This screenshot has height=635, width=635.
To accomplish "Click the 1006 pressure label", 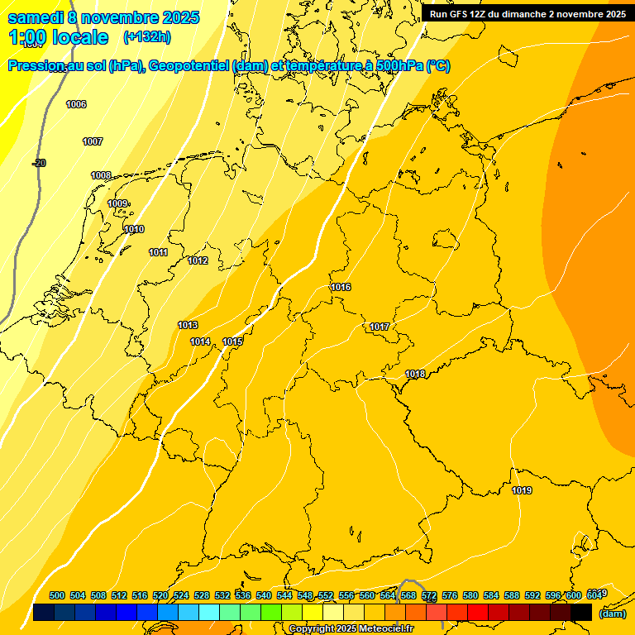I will [76, 104].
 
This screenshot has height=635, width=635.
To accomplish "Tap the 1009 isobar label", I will [117, 203].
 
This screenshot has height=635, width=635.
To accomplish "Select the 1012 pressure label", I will [198, 260].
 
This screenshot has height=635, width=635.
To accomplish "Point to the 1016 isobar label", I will [341, 287].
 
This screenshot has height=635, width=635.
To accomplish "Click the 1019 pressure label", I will [522, 490].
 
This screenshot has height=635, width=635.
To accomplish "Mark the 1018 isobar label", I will [415, 374].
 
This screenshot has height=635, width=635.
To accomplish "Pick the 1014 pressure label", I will [200, 341].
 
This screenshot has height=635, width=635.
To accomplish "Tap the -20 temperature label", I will [39, 163].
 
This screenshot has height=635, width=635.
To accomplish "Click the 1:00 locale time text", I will [58, 37].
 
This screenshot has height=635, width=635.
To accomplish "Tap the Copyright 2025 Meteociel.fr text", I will [351, 628].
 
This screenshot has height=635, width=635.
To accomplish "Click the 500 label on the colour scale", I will [57, 595].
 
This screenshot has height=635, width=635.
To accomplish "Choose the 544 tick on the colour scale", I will [284, 595].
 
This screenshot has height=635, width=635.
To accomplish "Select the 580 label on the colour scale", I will [470, 595].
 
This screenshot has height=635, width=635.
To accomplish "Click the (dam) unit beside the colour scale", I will [612, 614].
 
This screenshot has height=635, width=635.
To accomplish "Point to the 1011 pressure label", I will [159, 252].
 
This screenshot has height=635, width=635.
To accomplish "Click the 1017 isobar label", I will [380, 327].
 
